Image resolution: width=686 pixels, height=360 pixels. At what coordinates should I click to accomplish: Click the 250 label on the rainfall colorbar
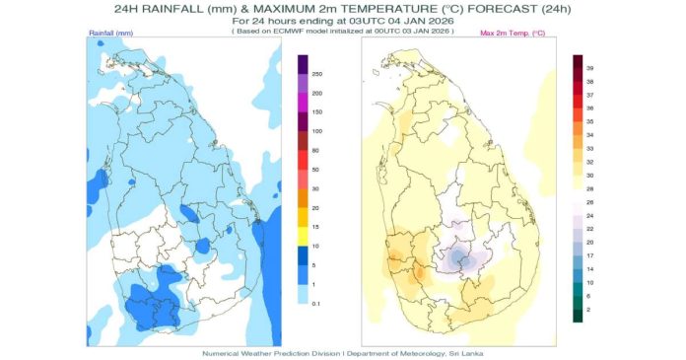tap(317, 74)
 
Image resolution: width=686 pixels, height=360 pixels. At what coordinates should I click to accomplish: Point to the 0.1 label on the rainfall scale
tap(315, 304)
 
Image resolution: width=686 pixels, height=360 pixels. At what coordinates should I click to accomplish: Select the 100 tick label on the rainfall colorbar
tap(317, 131)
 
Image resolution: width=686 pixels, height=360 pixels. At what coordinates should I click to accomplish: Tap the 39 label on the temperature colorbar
tap(589, 68)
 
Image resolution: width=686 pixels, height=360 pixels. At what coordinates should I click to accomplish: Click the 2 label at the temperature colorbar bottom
tap(588, 310)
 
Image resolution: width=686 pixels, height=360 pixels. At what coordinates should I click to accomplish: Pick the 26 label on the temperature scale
tap(589, 203)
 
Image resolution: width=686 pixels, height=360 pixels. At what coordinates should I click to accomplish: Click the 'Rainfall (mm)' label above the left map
tap(111, 33)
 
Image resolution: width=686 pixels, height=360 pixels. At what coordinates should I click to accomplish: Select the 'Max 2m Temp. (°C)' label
tap(513, 33)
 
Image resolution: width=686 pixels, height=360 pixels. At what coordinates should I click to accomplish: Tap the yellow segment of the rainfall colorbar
tap(303, 237)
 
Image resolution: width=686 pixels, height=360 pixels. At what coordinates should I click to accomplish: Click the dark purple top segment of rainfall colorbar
tap(303, 64)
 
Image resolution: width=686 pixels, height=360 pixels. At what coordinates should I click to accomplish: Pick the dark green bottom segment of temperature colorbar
tap(578, 316)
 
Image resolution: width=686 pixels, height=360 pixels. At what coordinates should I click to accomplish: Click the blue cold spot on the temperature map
tap(460, 257)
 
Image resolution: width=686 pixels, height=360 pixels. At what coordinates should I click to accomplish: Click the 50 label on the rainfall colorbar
tap(315, 170)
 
